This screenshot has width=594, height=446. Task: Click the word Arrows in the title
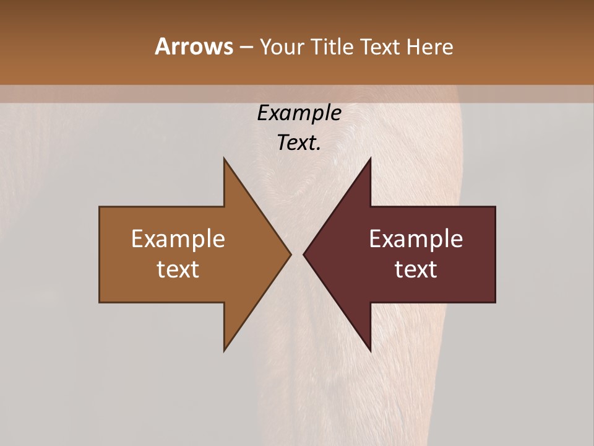point(193,46)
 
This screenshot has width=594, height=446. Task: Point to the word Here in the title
point(430,46)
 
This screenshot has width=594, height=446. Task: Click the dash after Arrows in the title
point(246,47)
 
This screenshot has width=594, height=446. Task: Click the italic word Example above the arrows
point(299,114)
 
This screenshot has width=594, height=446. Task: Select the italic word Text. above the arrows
point(299,143)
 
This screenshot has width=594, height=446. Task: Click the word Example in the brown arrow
point(178,239)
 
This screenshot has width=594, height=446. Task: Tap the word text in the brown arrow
point(178,269)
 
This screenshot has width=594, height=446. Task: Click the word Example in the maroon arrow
point(416,239)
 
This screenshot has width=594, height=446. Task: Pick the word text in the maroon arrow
point(416,269)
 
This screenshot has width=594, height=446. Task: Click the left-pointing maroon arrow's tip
point(304,254)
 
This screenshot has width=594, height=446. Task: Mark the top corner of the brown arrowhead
point(224,159)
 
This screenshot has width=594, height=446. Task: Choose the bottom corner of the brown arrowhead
point(224,351)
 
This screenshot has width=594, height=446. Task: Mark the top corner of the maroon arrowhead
point(371,159)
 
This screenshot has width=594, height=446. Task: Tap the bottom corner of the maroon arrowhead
point(371,351)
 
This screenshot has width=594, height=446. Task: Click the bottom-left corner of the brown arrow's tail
point(100,302)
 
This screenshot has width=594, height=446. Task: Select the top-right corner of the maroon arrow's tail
point(495,207)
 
